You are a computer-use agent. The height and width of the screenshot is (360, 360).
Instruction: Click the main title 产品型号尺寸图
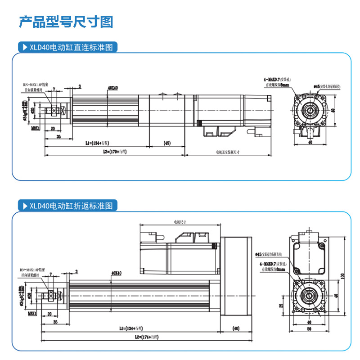click(x=66, y=22)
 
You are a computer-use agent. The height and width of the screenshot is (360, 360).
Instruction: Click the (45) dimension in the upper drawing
click(x=166, y=143)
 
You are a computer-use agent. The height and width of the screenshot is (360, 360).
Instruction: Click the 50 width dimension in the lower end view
click(x=309, y=329)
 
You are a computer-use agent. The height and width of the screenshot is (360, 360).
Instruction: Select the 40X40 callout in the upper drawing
click(x=112, y=88)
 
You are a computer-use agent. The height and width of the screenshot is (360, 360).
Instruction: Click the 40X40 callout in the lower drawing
click(x=116, y=273)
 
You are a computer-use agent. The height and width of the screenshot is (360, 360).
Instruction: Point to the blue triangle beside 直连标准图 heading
click(x=25, y=47)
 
